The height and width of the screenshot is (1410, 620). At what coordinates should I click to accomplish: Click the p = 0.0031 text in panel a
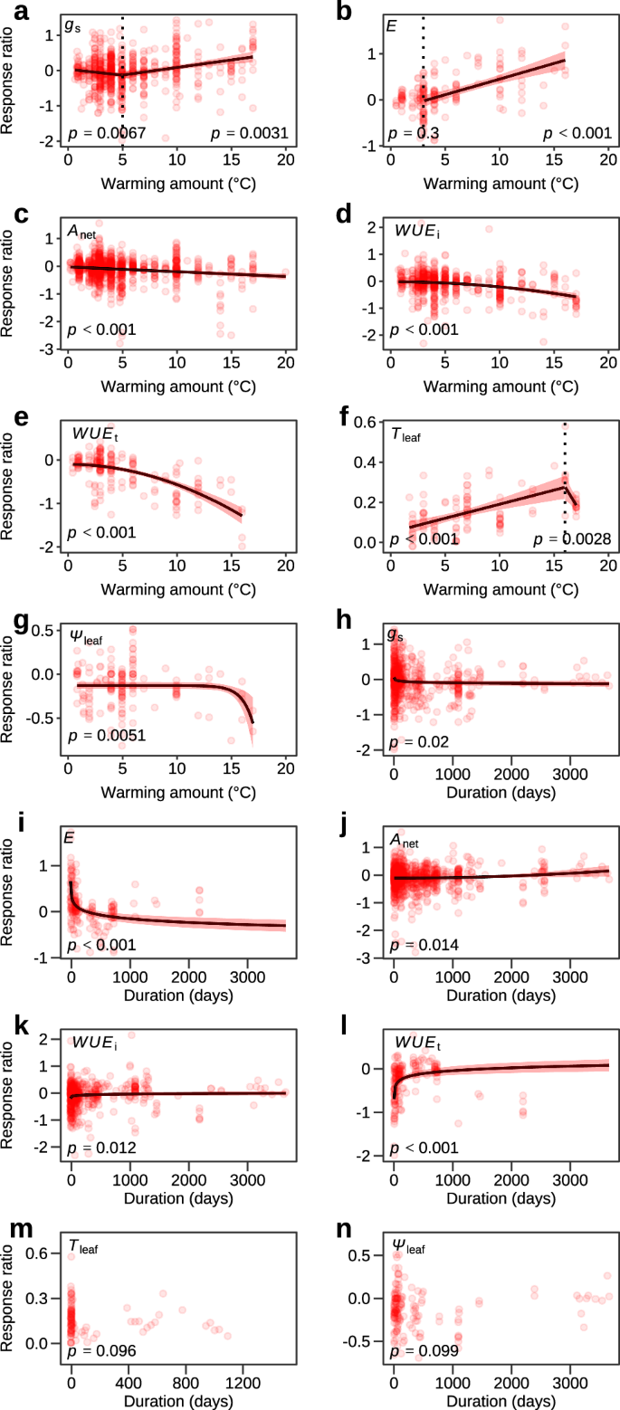click(x=250, y=134)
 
